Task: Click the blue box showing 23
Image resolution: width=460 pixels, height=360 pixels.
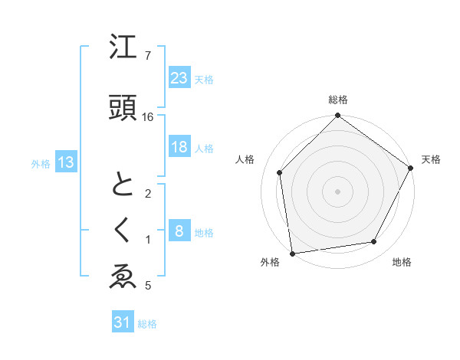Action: [x=179, y=77]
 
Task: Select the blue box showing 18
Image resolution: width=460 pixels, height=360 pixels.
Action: [x=179, y=147]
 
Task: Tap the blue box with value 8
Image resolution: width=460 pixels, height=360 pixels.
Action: [x=179, y=231]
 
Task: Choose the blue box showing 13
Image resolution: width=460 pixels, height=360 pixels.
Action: [x=65, y=162]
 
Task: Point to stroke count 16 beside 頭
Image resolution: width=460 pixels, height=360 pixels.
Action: [x=148, y=117]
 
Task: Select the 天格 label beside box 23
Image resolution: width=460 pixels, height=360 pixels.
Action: [x=204, y=79]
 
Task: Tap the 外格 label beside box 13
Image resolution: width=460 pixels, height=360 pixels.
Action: [x=41, y=163]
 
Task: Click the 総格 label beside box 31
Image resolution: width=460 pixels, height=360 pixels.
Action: [x=147, y=324]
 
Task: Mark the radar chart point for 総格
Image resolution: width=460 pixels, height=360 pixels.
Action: [x=337, y=116]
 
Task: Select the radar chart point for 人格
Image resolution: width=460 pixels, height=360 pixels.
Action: [x=280, y=172]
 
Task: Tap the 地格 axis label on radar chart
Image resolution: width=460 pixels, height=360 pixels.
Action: [x=402, y=262]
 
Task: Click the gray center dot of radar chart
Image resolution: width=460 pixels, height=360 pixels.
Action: [x=337, y=191]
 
